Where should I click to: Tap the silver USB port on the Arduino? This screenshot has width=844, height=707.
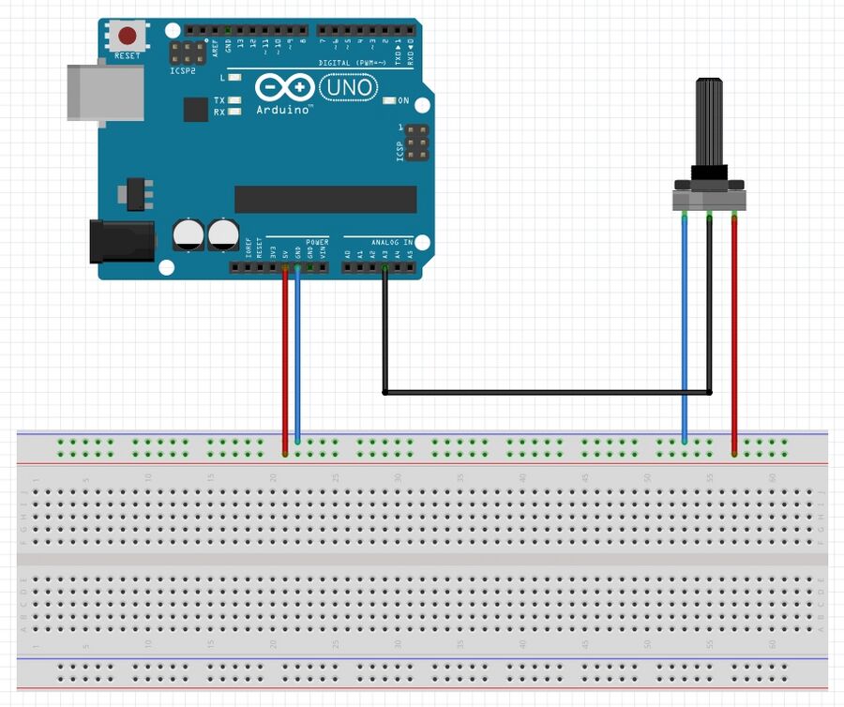click(x=105, y=92)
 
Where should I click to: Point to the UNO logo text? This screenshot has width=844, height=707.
click(x=349, y=88)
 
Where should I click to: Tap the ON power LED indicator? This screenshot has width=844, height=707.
click(x=390, y=100)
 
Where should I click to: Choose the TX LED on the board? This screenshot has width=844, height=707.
click(x=234, y=99)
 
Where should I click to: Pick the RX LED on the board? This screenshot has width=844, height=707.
click(x=234, y=112)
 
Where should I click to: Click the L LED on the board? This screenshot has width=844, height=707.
click(x=234, y=77)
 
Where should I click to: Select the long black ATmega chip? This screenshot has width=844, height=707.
click(x=325, y=199)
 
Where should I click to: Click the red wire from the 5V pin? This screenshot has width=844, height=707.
click(x=285, y=356)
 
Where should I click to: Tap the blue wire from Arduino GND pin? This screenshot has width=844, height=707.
click(x=297, y=356)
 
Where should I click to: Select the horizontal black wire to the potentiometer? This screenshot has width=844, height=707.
click(x=544, y=391)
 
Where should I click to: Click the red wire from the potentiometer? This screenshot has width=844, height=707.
click(x=734, y=338)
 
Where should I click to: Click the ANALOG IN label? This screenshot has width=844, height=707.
click(x=392, y=242)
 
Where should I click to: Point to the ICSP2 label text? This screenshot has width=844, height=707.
click(x=182, y=70)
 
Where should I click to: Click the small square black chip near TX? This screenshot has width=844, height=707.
click(x=195, y=110)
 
